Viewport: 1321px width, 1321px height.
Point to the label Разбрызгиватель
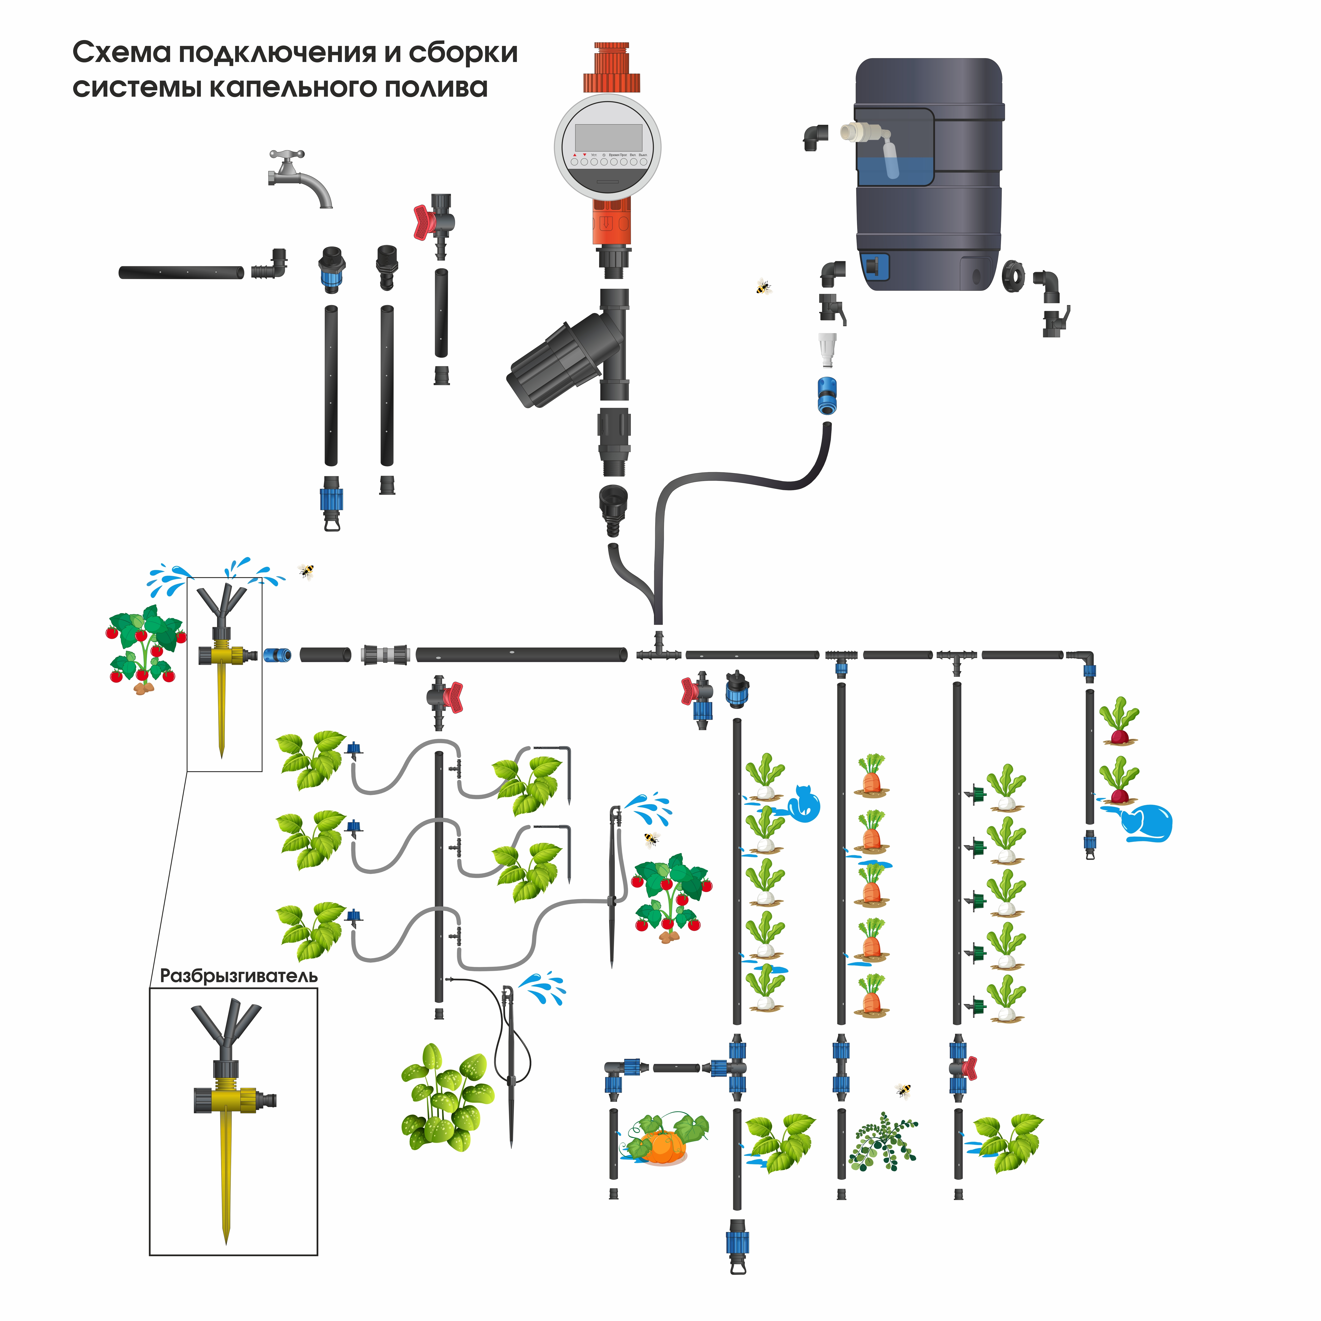[x=239, y=976]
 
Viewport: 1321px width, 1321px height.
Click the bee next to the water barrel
[x=763, y=287]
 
